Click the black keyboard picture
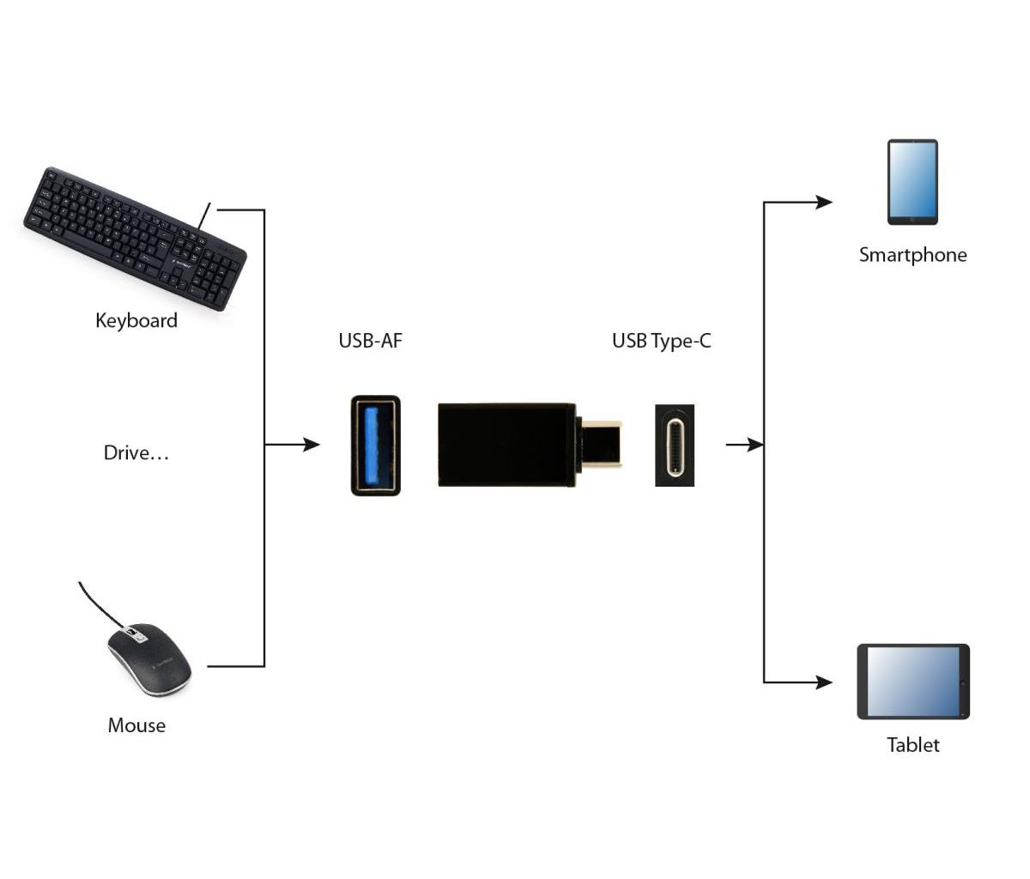click(x=135, y=238)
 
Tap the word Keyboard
click(x=136, y=320)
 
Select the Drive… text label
click(x=136, y=453)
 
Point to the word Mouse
click(x=136, y=725)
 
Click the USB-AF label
click(x=370, y=341)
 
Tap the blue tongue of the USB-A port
click(x=373, y=446)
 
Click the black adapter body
click(x=506, y=445)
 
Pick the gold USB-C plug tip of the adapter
click(x=602, y=444)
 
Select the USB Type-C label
click(x=661, y=342)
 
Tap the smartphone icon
click(x=912, y=182)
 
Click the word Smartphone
click(x=913, y=255)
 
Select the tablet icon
click(x=913, y=682)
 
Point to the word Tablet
click(x=913, y=745)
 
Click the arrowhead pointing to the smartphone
click(x=824, y=202)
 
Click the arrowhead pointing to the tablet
click(x=824, y=682)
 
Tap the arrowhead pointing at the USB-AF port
click(x=312, y=444)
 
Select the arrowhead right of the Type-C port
click(x=755, y=445)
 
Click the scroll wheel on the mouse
click(x=132, y=633)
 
